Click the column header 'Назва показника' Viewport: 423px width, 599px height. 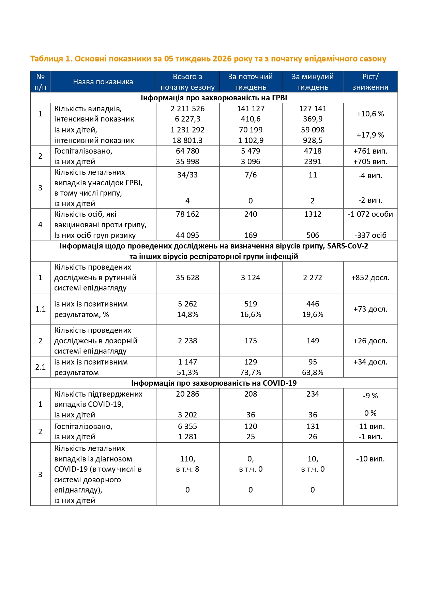click(103, 82)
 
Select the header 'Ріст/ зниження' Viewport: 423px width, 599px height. click(370, 82)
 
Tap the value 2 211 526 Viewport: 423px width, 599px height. click(187, 109)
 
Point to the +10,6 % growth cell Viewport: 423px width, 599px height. click(370, 114)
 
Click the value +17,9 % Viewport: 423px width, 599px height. click(370, 135)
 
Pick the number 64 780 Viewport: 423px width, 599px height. click(187, 151)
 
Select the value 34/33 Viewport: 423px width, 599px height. click(187, 175)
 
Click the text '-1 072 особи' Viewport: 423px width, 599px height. click(370, 214)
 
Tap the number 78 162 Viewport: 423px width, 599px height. click(187, 214)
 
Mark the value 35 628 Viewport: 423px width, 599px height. click(187, 277)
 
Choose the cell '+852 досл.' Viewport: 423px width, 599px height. click(370, 277)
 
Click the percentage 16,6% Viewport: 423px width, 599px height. click(251, 314)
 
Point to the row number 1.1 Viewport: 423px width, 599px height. click(40, 309)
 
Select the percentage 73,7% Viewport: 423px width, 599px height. click(251, 372)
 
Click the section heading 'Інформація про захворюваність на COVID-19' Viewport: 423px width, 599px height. click(214, 383)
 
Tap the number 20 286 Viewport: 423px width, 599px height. click(187, 394)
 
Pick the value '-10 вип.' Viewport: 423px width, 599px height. click(370, 459)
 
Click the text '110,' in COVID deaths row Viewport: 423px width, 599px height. click(187, 459)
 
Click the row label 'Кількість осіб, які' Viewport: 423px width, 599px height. click(85, 214)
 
